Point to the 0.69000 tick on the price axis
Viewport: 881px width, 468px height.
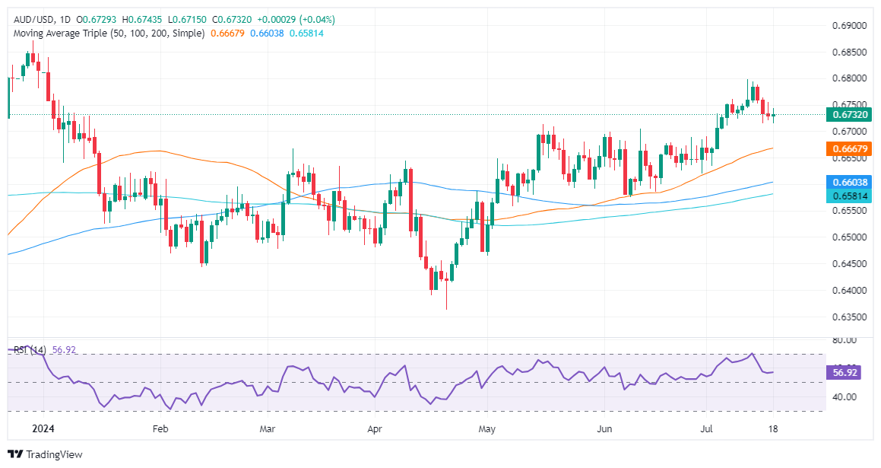(x=848, y=26)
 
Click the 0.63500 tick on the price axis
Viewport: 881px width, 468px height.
(x=848, y=317)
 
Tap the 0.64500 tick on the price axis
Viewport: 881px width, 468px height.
(x=848, y=264)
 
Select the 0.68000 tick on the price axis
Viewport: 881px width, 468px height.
(x=848, y=78)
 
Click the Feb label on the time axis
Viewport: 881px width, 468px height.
(x=160, y=428)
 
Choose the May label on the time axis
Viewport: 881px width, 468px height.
(x=486, y=428)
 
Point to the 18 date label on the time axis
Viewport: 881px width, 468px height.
(x=774, y=428)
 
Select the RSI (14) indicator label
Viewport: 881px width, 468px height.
(x=30, y=350)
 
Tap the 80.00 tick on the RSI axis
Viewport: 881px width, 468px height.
(x=844, y=340)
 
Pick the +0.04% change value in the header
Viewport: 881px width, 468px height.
(x=318, y=19)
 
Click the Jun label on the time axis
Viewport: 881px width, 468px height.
(x=604, y=428)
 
